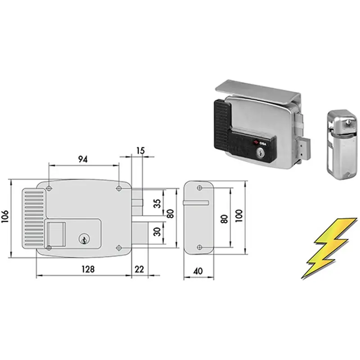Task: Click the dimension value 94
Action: tap(83, 159)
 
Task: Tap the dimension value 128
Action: tap(88, 269)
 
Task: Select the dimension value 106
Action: tap(5, 216)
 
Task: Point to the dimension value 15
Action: tap(140, 151)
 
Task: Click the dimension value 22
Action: tap(139, 269)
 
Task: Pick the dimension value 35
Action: tap(157, 203)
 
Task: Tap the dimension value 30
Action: tap(157, 232)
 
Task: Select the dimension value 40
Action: tap(198, 271)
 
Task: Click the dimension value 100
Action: tap(239, 216)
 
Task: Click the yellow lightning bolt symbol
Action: tap(329, 248)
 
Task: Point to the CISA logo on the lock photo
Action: tap(260, 143)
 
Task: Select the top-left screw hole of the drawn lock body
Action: tap(49, 189)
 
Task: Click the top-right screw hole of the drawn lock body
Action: tap(119, 189)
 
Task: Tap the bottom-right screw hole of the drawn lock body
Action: tap(119, 248)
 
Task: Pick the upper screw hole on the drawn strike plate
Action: tap(199, 188)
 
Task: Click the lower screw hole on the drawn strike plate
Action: tap(199, 247)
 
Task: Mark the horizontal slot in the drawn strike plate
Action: tap(196, 202)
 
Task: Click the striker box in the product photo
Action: tap(342, 144)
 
